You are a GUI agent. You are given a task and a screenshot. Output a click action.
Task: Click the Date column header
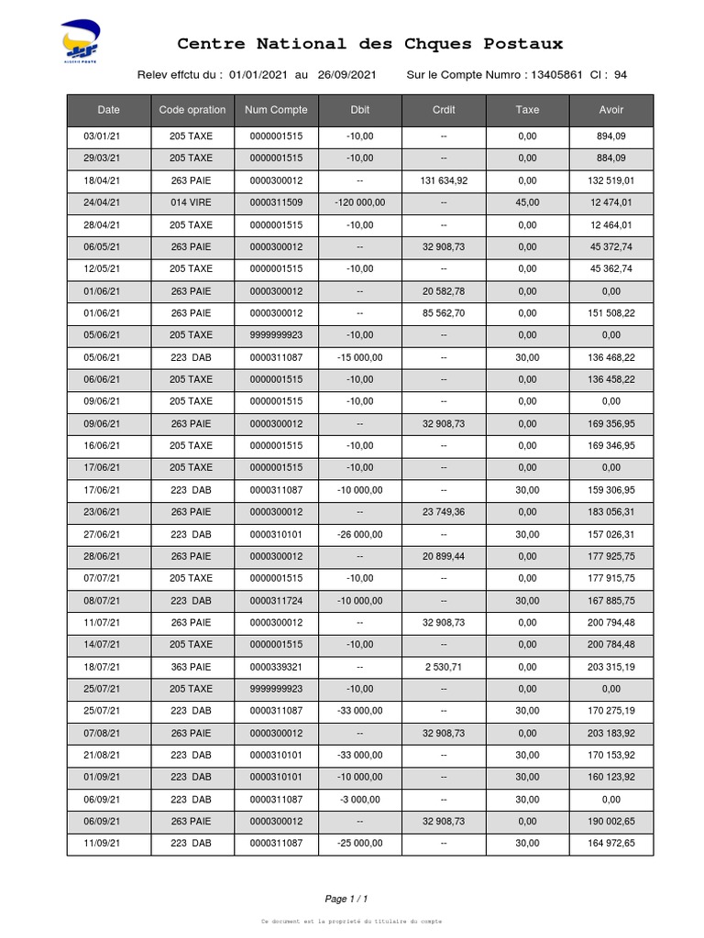click(x=108, y=110)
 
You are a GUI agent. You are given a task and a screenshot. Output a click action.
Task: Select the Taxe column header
click(x=527, y=110)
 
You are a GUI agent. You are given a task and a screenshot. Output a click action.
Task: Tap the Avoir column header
click(x=611, y=110)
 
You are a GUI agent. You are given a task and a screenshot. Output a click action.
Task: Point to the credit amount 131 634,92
click(x=444, y=181)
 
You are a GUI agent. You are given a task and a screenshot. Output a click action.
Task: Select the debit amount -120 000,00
click(x=359, y=203)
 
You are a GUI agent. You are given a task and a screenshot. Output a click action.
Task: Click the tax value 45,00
click(x=527, y=203)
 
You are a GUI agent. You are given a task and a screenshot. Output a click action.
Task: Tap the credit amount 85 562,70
click(x=444, y=313)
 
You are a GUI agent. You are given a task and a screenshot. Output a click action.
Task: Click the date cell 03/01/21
click(x=102, y=136)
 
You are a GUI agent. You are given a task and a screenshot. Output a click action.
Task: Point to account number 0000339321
click(x=276, y=667)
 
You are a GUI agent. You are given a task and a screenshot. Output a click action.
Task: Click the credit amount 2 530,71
click(x=444, y=667)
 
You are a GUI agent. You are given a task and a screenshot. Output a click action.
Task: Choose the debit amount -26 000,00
click(x=359, y=535)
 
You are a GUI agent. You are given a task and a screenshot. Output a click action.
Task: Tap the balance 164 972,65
click(x=611, y=844)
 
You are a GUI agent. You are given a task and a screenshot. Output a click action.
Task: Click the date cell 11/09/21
click(x=102, y=844)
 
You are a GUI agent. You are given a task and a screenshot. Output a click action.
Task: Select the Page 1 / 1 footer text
click(x=346, y=899)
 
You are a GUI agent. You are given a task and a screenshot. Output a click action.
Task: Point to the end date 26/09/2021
click(x=347, y=75)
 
